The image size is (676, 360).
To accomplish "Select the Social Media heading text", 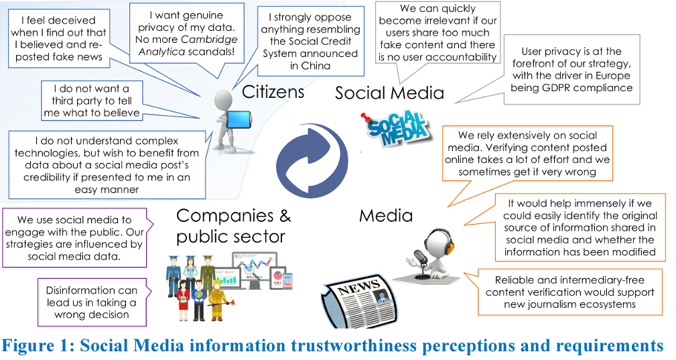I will pyautogui.click(x=389, y=93).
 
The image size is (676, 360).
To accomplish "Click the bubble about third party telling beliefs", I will pyautogui.click(x=92, y=101).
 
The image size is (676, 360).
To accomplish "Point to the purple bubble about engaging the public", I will pyautogui.click(x=74, y=238).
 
